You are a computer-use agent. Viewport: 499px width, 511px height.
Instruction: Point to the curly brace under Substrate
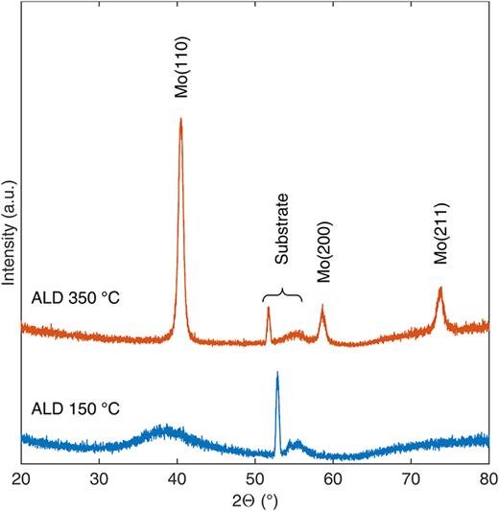coord(282,295)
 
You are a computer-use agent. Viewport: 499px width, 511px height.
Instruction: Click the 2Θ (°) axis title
coord(255,499)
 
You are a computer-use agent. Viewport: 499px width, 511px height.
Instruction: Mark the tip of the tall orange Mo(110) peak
coord(180,119)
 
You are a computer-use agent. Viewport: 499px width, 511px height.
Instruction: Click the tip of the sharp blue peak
coord(277,373)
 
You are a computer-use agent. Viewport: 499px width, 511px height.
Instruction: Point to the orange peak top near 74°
coord(440,288)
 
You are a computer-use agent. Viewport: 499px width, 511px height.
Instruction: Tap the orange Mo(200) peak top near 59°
coord(322,307)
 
